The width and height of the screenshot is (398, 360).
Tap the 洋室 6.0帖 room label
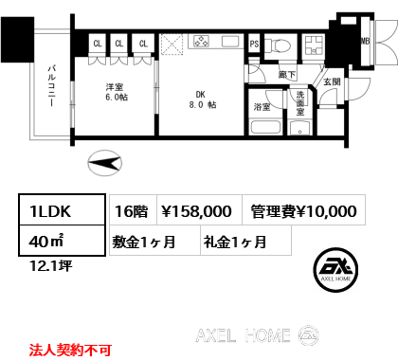(x=117, y=92)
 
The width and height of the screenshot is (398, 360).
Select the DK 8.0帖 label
(x=203, y=99)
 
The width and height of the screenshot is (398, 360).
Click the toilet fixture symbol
(x=278, y=45)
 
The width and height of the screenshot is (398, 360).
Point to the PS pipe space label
(x=254, y=44)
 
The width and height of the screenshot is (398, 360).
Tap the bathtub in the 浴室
(x=266, y=127)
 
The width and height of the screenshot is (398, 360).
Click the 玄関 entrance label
(x=332, y=81)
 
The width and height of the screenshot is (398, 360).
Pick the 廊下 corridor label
(x=287, y=75)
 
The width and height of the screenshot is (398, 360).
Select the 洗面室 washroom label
(x=300, y=103)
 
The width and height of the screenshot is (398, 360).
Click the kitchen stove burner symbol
(x=201, y=42)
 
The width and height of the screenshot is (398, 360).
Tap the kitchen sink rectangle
(x=230, y=42)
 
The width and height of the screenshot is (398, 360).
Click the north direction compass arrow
(x=104, y=163)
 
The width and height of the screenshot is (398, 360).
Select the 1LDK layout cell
(x=62, y=209)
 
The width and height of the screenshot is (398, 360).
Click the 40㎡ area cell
(x=62, y=241)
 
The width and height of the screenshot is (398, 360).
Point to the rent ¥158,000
(x=196, y=211)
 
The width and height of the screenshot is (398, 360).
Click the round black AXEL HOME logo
(x=335, y=269)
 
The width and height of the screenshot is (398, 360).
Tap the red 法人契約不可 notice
(x=70, y=350)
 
